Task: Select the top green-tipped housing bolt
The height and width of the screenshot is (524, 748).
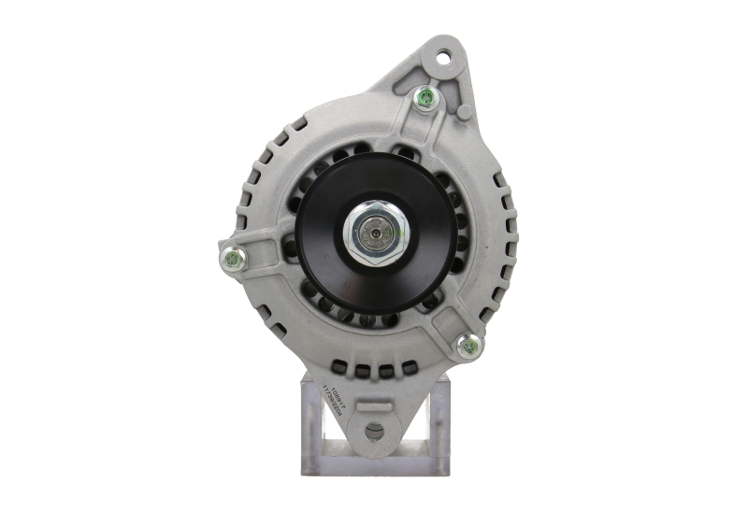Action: pos(425,97)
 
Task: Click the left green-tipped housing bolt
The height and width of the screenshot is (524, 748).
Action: pos(231,259)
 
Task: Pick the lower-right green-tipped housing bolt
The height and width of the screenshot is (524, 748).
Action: pos(469,347)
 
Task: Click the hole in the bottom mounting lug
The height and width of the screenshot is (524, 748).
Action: pos(374,432)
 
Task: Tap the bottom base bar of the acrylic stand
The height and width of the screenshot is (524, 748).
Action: pos(374,467)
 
